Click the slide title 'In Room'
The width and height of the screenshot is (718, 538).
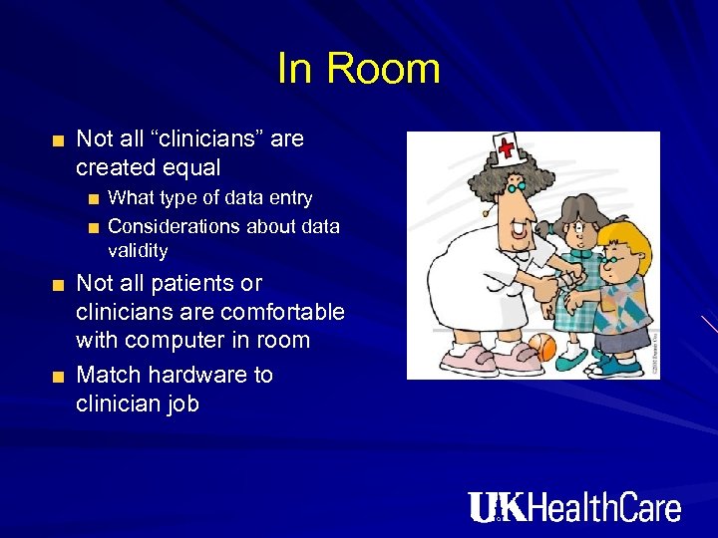pos(358,69)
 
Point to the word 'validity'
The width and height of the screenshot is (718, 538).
pos(138,250)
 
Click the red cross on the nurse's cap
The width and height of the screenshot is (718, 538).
pos(506,149)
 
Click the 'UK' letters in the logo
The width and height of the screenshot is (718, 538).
pos(496,507)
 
